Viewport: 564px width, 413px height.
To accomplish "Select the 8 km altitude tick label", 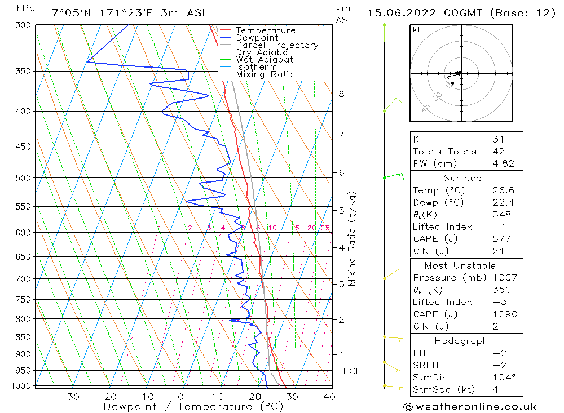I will click(341, 94).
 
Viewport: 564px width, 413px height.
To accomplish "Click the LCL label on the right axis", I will click(351, 371).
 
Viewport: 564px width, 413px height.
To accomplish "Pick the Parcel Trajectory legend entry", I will click(277, 45).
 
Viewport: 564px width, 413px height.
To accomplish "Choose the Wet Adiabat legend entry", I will click(265, 60).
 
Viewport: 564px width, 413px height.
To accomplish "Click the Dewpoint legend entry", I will click(257, 38).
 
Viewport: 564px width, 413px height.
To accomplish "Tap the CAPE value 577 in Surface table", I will click(501, 239).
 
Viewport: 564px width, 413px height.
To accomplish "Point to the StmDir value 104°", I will click(503, 378).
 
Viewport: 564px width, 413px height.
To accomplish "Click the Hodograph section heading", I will click(461, 341).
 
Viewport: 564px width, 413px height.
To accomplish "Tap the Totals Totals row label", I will click(444, 152).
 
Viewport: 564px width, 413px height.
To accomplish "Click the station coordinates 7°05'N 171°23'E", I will click(106, 13).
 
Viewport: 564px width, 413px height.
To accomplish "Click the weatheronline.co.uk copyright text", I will click(470, 407).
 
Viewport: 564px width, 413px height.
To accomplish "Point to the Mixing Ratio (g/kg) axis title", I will click(352, 239).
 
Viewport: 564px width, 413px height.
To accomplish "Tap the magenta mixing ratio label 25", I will click(325, 228).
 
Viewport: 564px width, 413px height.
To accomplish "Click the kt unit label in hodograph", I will click(417, 30).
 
